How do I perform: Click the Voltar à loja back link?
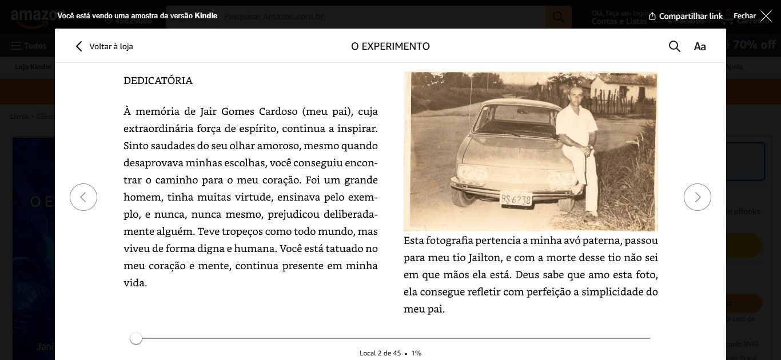(104, 46)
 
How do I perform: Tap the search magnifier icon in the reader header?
(675, 46)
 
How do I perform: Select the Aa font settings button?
(700, 46)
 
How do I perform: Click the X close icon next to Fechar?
(766, 16)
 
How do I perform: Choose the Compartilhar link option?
(686, 16)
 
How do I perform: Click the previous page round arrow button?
(83, 197)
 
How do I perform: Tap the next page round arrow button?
(698, 197)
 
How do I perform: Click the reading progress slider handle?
(136, 338)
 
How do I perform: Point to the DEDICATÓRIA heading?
(158, 81)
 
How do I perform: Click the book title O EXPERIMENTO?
(390, 46)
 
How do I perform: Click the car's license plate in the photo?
(516, 199)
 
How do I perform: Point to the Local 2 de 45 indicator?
(380, 353)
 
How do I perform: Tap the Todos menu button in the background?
(29, 46)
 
